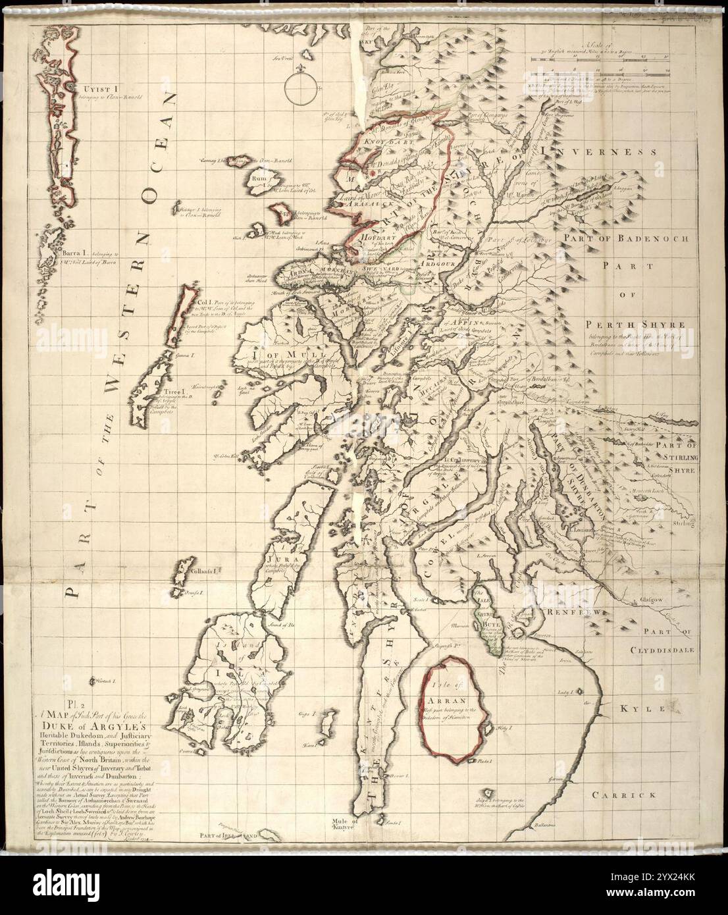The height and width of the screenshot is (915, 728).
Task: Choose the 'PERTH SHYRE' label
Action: pos(628,325)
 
